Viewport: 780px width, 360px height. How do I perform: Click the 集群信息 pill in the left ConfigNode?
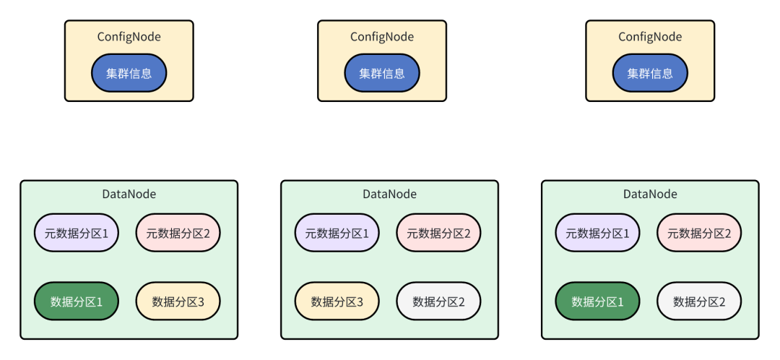click(x=129, y=73)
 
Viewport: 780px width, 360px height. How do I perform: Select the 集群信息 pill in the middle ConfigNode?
click(x=382, y=73)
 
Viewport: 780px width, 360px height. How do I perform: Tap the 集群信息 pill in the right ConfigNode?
click(x=650, y=73)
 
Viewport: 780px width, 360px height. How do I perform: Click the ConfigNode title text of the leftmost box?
click(x=129, y=37)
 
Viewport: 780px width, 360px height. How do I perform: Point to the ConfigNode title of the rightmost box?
click(x=650, y=37)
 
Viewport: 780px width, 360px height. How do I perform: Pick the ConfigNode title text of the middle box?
click(x=382, y=37)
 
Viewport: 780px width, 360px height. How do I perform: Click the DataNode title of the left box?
click(x=129, y=194)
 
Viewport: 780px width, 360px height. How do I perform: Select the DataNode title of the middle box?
click(x=389, y=194)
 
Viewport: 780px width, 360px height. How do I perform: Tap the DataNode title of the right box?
click(x=650, y=194)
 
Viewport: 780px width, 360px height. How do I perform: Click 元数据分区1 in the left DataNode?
click(x=77, y=233)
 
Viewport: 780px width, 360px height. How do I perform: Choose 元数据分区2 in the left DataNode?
click(x=178, y=233)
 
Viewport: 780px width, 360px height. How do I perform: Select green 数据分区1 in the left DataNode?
click(x=77, y=301)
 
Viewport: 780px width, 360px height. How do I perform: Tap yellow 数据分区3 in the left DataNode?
click(x=178, y=301)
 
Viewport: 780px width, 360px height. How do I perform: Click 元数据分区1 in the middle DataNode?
click(x=337, y=233)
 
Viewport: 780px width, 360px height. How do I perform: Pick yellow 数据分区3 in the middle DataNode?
click(x=337, y=301)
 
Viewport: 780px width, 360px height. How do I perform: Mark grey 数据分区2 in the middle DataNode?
click(x=439, y=301)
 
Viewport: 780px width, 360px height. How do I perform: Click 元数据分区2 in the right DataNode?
click(x=699, y=233)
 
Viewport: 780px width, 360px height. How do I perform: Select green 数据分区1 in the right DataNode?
click(x=597, y=301)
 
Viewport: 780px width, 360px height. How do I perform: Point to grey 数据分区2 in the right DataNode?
click(x=699, y=301)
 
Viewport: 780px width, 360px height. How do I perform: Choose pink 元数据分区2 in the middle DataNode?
click(x=439, y=233)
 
